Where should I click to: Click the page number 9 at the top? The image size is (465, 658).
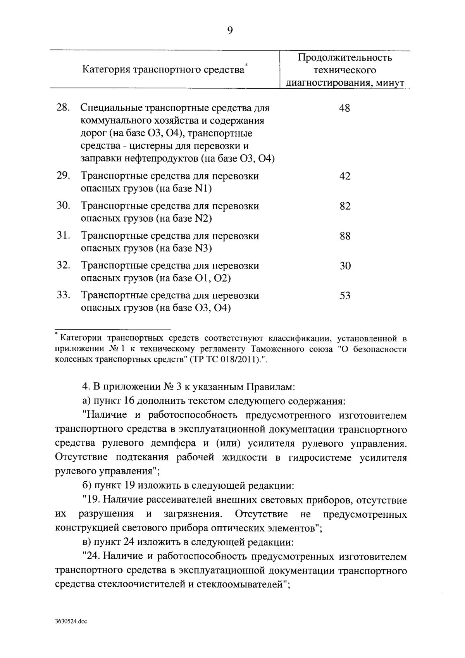tap(230, 31)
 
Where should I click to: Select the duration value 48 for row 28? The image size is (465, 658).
tap(344, 108)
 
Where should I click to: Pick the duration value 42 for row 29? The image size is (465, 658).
tap(344, 176)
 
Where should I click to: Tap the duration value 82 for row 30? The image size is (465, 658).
tap(344, 206)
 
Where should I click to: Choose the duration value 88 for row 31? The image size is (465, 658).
tap(344, 236)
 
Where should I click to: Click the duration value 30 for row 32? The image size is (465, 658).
tap(344, 266)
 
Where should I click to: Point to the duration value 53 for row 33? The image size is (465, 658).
tap(344, 296)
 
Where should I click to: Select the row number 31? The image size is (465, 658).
tap(63, 236)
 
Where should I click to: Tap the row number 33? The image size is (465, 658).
tap(63, 295)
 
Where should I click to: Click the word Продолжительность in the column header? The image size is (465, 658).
tap(345, 58)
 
